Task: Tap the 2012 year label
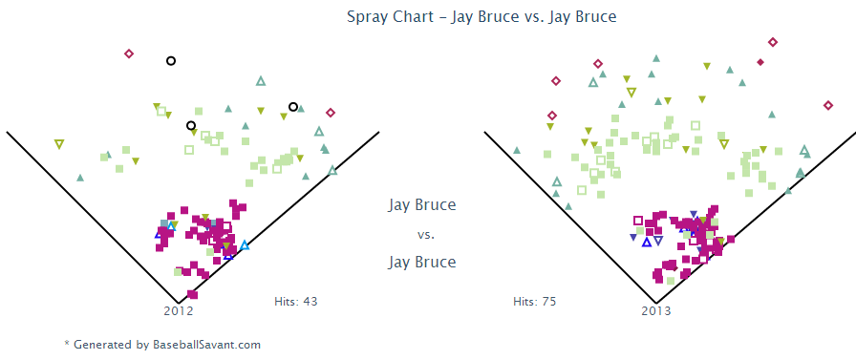179,311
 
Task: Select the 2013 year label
655,311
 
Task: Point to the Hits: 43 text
296,301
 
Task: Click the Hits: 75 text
534,301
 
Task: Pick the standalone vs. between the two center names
425,235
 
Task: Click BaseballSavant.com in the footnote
207,345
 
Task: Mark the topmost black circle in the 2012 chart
171,60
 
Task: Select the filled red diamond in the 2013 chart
760,62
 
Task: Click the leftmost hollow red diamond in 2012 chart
129,53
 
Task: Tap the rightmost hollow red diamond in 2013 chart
827,105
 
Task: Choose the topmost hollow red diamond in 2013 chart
773,42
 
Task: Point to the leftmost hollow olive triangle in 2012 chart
59,144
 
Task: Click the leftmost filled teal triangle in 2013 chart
517,150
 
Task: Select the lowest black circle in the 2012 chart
191,125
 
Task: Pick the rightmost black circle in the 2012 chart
293,106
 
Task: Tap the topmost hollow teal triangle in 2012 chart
261,81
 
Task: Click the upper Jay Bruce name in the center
422,205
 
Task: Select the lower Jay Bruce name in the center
422,262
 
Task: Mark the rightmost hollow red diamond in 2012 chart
331,113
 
